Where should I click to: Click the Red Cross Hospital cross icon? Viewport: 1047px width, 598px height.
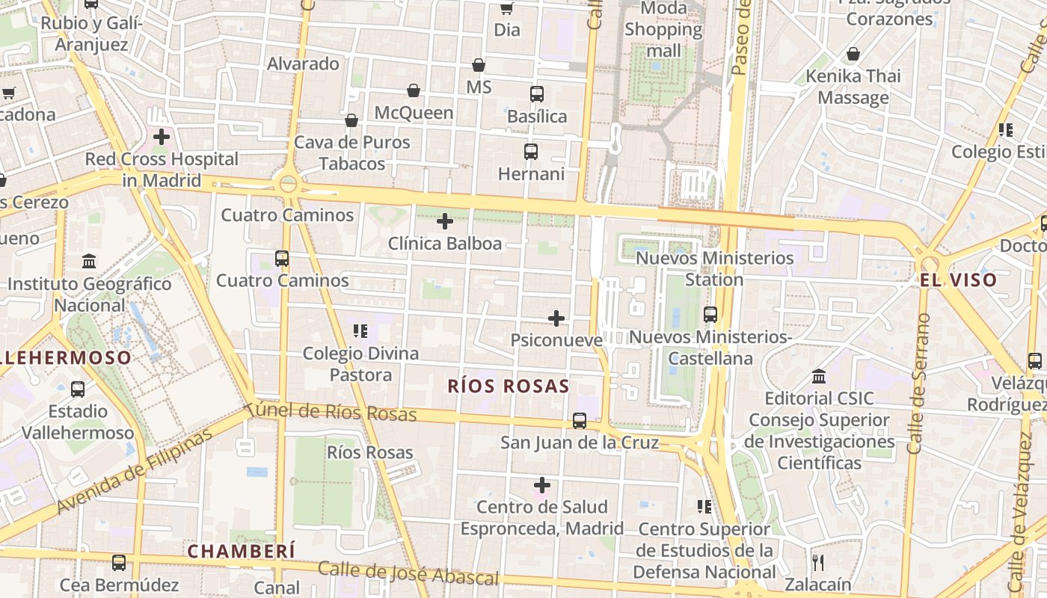click(162, 137)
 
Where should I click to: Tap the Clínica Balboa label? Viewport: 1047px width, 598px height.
click(445, 244)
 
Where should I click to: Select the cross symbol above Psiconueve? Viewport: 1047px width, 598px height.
click(556, 318)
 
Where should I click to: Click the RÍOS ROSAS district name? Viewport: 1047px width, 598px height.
click(509, 386)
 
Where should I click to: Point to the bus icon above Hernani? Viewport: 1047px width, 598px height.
click(531, 152)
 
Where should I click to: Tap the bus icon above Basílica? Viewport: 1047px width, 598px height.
click(537, 94)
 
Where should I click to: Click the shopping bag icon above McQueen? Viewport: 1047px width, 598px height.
click(414, 90)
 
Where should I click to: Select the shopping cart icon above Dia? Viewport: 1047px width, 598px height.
click(506, 8)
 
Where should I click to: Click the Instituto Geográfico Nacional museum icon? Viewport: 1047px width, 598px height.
click(89, 262)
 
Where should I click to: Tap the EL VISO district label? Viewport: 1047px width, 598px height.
click(958, 280)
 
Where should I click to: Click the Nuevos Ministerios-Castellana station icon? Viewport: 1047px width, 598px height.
click(710, 315)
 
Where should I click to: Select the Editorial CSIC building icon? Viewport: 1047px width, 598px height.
click(819, 376)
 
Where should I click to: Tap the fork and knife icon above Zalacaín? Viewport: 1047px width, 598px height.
click(818, 562)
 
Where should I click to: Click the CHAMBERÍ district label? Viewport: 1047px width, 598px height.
click(242, 552)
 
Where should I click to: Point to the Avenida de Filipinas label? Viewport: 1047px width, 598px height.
click(135, 474)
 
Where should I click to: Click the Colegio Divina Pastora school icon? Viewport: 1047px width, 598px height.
click(360, 330)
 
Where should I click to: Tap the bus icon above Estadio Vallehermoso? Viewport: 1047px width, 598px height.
click(78, 389)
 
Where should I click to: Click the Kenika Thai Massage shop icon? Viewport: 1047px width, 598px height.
click(853, 54)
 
